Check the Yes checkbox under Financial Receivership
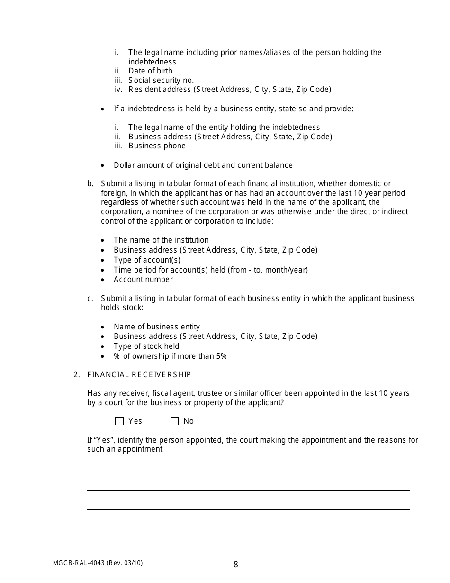click(119, 421)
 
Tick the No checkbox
click(175, 421)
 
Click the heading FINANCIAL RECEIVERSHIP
click(139, 375)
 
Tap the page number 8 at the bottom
click(236, 565)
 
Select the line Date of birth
click(150, 71)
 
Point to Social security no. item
click(161, 81)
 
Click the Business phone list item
click(157, 146)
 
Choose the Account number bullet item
click(143, 280)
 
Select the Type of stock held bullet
click(146, 346)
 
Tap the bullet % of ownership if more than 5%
click(170, 356)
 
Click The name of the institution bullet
click(161, 240)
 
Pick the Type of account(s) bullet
click(147, 260)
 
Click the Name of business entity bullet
click(157, 327)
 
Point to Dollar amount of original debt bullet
click(203, 165)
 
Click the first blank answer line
click(248, 471)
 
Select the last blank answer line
click(248, 509)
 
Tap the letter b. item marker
click(90, 184)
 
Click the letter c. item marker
click(90, 299)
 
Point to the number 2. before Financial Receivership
click(76, 375)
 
